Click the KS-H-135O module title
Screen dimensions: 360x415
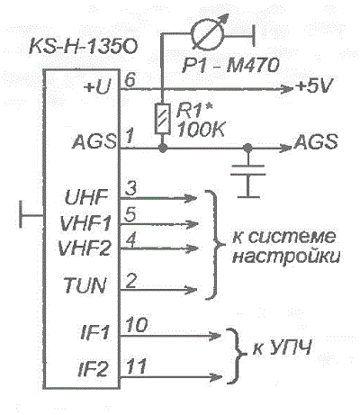click(83, 47)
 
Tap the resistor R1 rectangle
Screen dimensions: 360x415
click(162, 119)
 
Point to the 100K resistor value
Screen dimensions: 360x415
click(201, 130)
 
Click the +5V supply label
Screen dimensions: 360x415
click(314, 86)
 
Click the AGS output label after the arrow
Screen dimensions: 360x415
click(316, 141)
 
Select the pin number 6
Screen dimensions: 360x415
click(130, 80)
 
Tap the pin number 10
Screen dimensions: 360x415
click(137, 325)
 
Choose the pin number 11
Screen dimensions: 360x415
click(136, 366)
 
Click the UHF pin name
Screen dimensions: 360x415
click(86, 197)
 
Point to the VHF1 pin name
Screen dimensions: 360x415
click(85, 223)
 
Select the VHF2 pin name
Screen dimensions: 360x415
click(85, 248)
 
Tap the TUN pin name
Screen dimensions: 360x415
click(85, 285)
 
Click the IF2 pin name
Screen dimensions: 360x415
click(93, 369)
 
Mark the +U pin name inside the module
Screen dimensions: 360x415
click(97, 87)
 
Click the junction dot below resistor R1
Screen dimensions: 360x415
click(162, 148)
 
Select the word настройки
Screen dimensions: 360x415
click(286, 257)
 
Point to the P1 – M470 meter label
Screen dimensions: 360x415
click(230, 65)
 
